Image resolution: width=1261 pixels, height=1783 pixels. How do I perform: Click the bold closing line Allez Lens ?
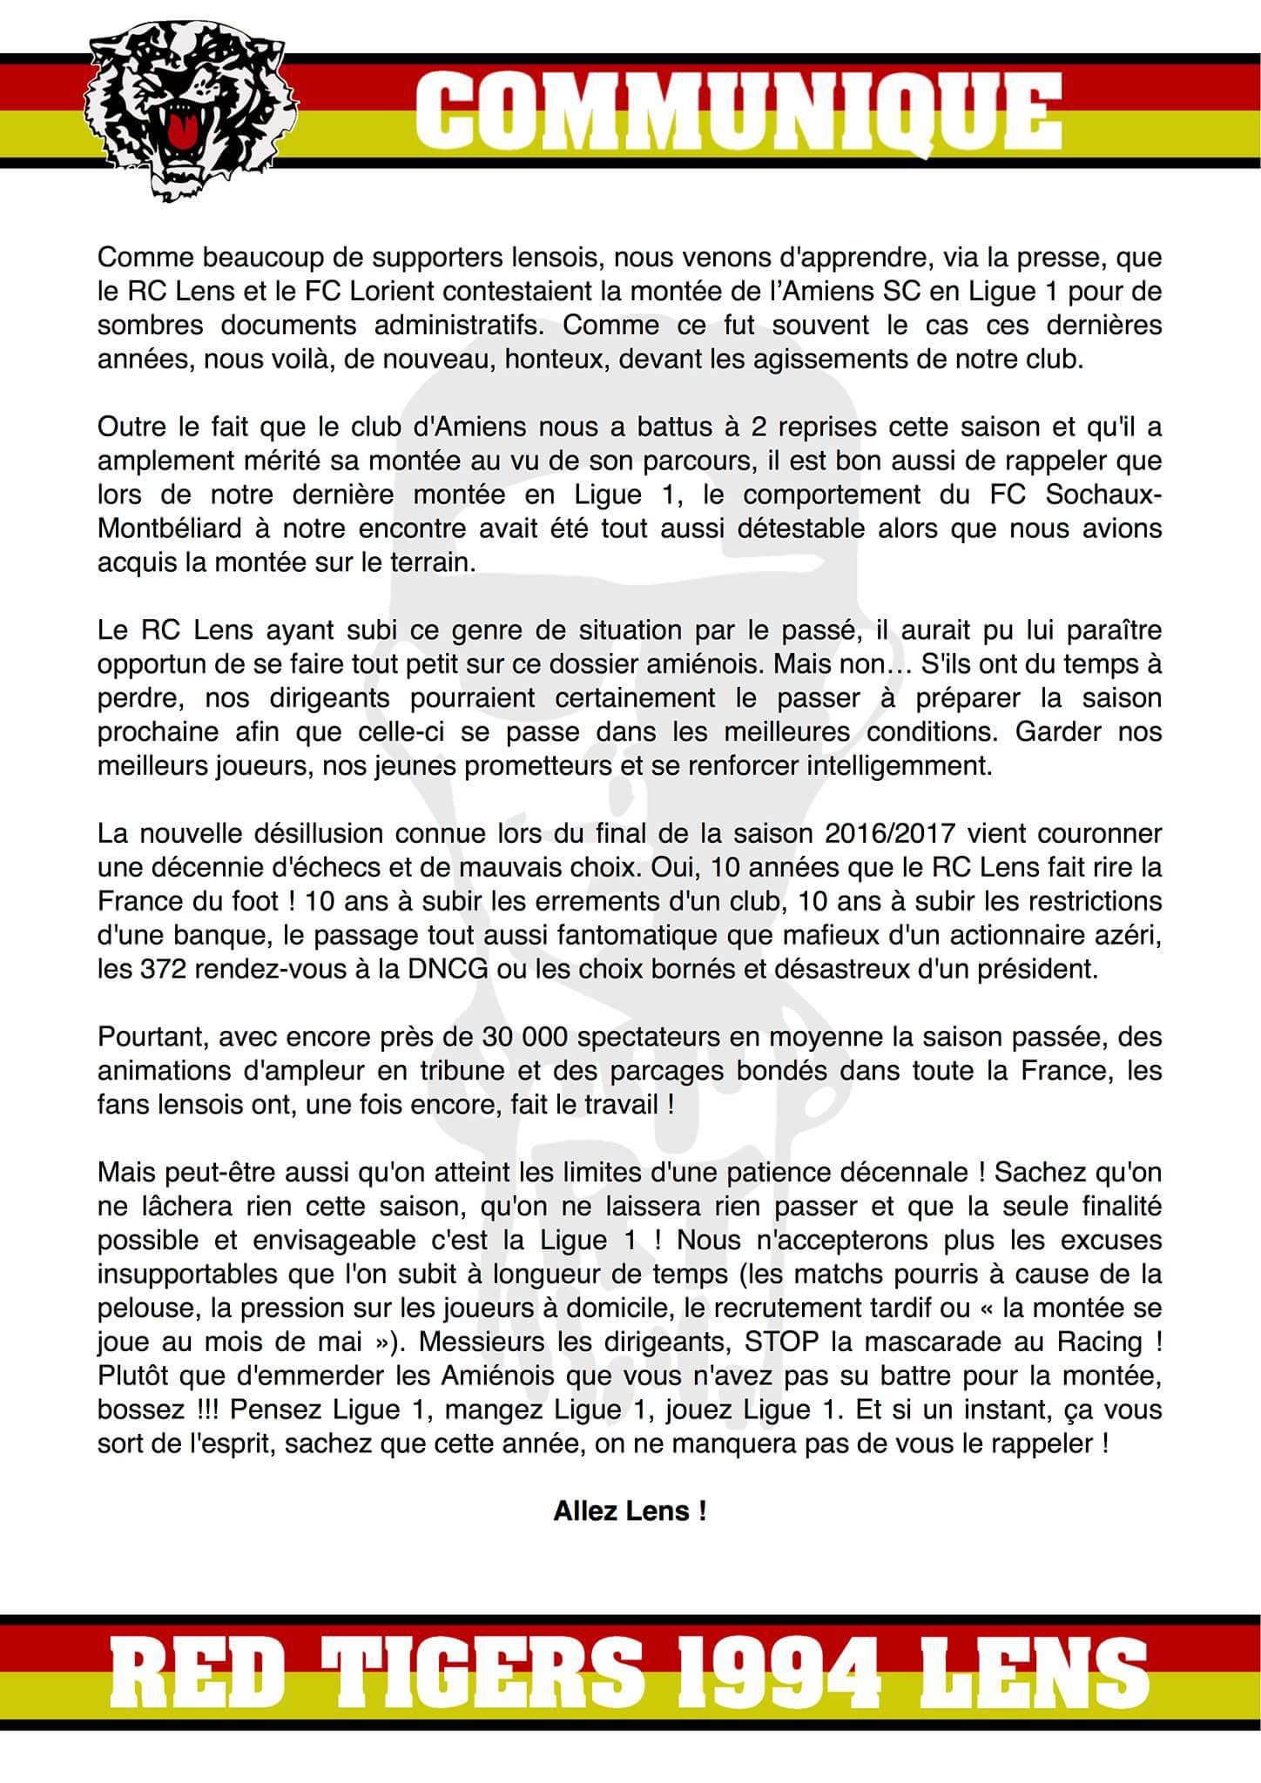point(630,1511)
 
